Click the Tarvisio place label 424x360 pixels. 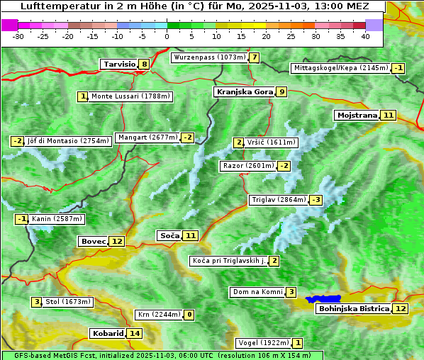point(119,64)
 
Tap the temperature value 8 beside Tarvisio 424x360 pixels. point(144,64)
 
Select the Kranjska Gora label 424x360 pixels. point(244,91)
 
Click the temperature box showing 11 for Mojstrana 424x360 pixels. point(387,115)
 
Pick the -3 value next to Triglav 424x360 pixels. point(316,200)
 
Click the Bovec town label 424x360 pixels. point(93,241)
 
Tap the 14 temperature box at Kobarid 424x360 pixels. point(135,333)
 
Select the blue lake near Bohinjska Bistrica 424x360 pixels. point(323,300)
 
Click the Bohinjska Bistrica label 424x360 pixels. point(354,308)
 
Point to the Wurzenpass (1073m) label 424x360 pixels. point(210,57)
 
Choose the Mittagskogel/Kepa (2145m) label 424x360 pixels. point(340,68)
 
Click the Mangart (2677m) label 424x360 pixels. point(147,137)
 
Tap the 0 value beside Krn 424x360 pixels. point(189,315)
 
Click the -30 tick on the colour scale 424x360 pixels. point(18,36)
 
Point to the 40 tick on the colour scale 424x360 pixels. point(365,36)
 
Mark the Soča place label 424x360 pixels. point(169,235)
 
